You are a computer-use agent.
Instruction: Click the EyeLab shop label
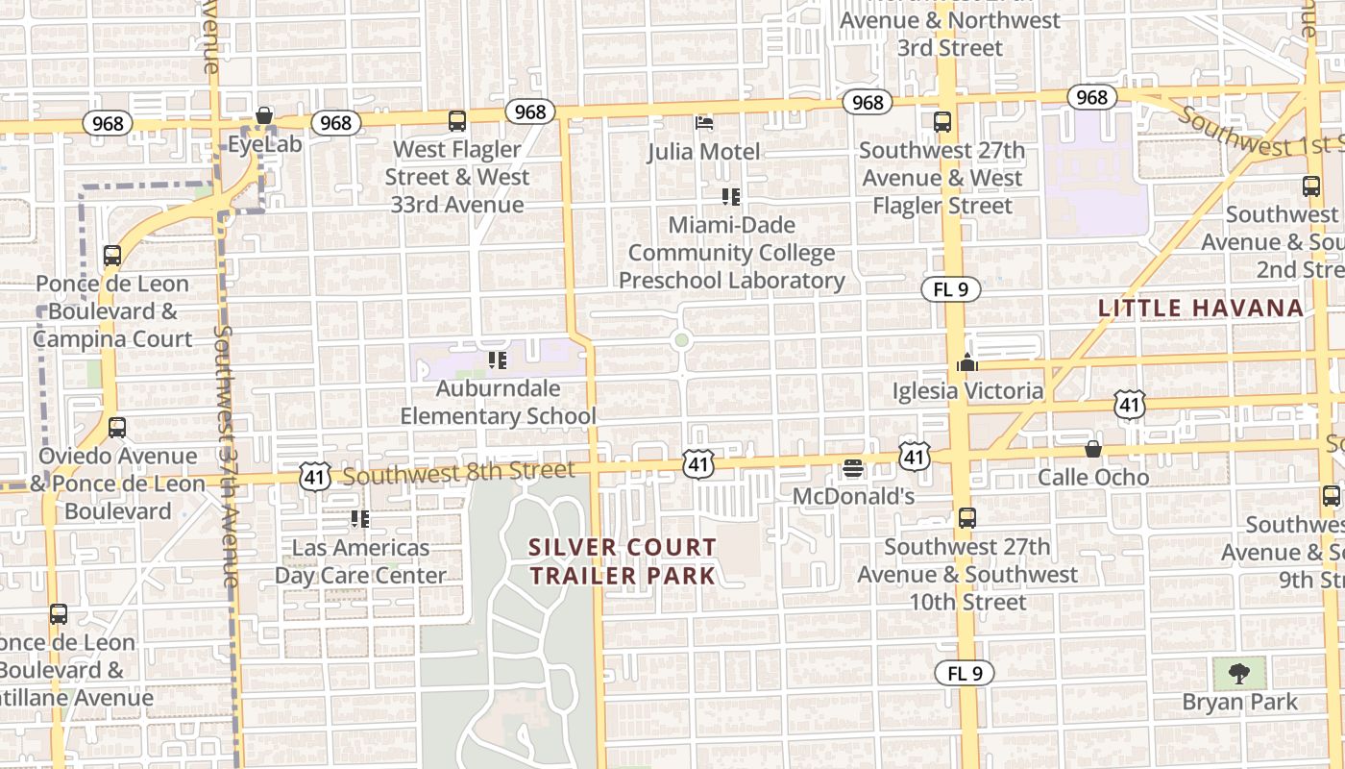click(x=265, y=145)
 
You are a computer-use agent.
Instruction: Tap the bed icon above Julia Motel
click(x=704, y=123)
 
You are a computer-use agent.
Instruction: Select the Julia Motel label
click(x=704, y=152)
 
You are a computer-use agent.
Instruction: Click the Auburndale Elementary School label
click(x=498, y=403)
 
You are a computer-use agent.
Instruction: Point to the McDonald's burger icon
click(x=852, y=469)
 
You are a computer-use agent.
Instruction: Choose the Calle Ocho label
click(x=1093, y=478)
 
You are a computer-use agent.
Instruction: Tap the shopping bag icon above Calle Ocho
click(x=1093, y=449)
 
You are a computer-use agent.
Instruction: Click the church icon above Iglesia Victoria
click(x=966, y=362)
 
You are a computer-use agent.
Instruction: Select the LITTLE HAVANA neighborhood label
click(x=1201, y=309)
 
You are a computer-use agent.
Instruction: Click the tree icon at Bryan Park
click(x=1239, y=674)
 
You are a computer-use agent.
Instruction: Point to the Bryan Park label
click(x=1239, y=703)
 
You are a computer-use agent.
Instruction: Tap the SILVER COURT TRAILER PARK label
click(x=623, y=561)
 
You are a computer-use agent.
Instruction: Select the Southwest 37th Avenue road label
click(x=227, y=457)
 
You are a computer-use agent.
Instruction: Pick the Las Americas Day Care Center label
click(x=361, y=561)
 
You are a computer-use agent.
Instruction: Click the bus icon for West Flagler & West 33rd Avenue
click(x=457, y=121)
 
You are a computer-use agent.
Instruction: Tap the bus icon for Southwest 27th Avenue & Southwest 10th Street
click(x=967, y=518)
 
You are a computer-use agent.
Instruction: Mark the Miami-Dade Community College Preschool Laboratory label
click(x=731, y=253)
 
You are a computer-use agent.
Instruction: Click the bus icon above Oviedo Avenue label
click(x=117, y=428)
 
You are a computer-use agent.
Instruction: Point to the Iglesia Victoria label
click(x=967, y=391)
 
